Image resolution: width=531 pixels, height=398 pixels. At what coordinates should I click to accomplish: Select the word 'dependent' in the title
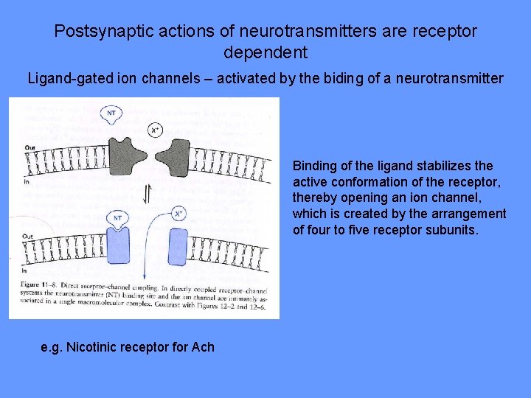(x=265, y=53)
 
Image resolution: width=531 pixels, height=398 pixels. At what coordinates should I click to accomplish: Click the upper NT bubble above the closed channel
(x=111, y=113)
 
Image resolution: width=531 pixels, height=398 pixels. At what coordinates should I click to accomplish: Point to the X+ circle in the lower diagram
(x=178, y=214)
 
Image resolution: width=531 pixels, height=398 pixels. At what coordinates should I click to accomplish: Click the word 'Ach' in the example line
(x=203, y=346)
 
